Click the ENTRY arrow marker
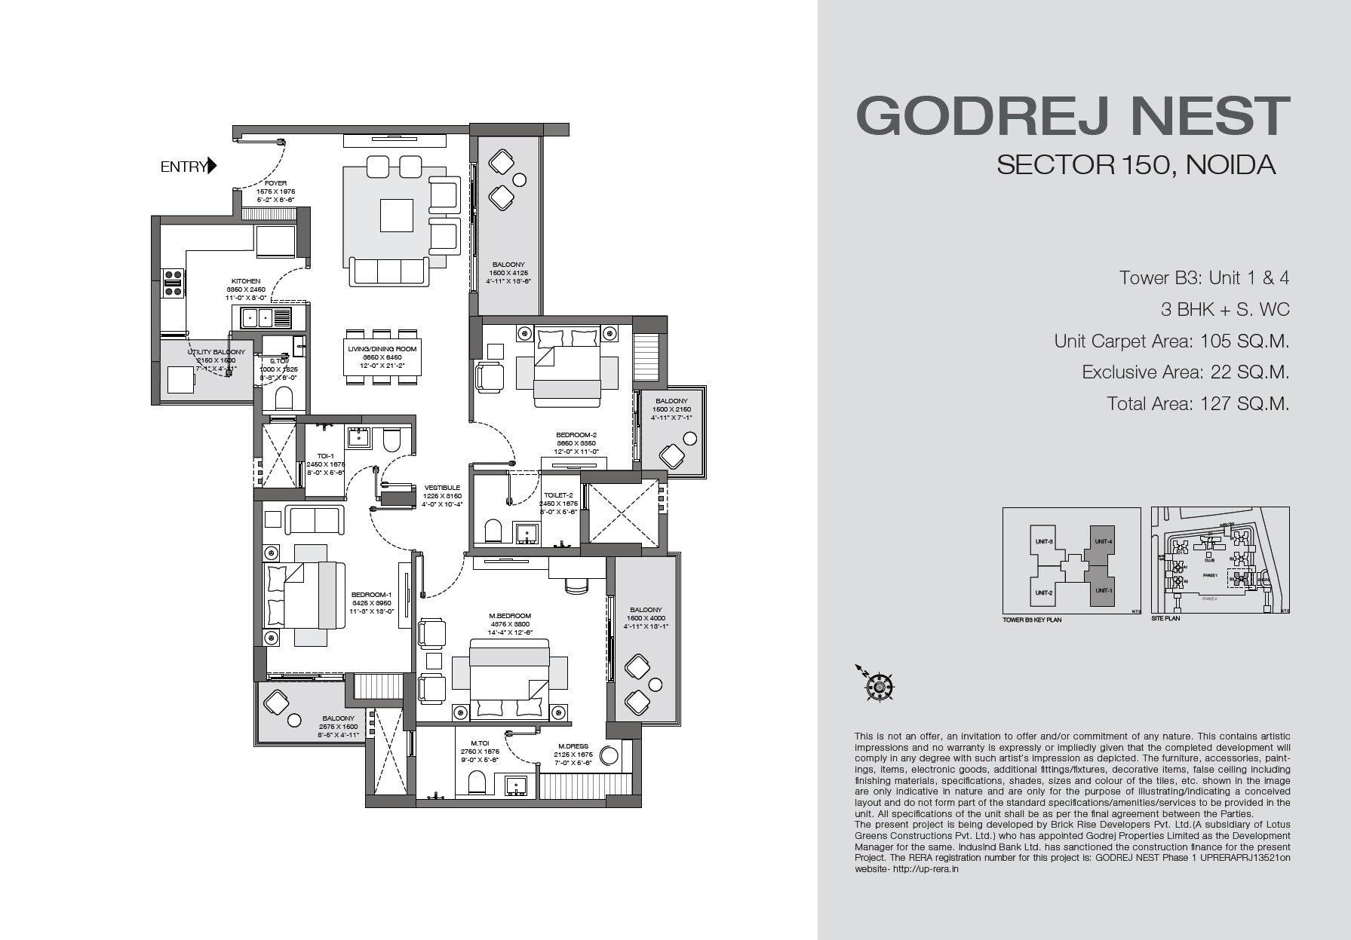coord(212,166)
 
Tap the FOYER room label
coord(275,183)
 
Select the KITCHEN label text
coord(246,281)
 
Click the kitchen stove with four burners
coord(173,283)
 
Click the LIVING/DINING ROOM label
coord(382,349)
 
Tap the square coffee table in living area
coord(396,215)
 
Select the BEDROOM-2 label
coord(576,435)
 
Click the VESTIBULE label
coord(442,488)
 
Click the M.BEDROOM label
coord(510,616)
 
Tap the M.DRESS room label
coord(573,746)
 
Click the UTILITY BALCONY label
coord(216,352)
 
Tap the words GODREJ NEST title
coord(1073,116)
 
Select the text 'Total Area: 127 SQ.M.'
coord(1198,403)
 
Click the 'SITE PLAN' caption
coord(1165,618)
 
